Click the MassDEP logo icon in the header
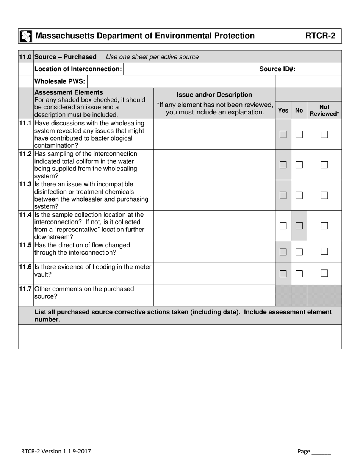(25, 36)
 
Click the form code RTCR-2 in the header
(320, 36)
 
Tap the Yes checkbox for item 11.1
(283, 134)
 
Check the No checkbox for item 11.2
(299, 165)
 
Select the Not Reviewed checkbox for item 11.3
(324, 195)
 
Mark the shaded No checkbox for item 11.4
(299, 226)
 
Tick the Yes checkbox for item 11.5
(283, 252)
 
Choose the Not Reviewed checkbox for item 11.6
(324, 273)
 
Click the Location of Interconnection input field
(190, 69)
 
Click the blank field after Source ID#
(320, 69)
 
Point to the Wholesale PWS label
(60, 81)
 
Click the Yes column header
(283, 110)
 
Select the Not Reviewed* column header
(324, 110)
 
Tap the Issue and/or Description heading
(214, 95)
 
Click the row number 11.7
(25, 289)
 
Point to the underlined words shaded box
(75, 100)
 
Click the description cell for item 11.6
(214, 274)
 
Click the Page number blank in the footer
(321, 452)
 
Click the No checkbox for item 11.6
(299, 274)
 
